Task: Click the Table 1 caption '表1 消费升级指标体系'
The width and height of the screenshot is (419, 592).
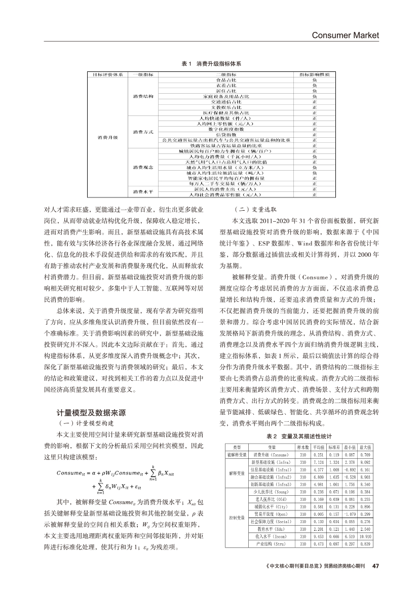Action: pyautogui.click(x=211, y=64)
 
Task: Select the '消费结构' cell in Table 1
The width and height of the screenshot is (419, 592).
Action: pyautogui.click(x=143, y=96)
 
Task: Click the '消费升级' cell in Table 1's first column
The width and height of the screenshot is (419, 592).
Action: pyautogui.click(x=107, y=137)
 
